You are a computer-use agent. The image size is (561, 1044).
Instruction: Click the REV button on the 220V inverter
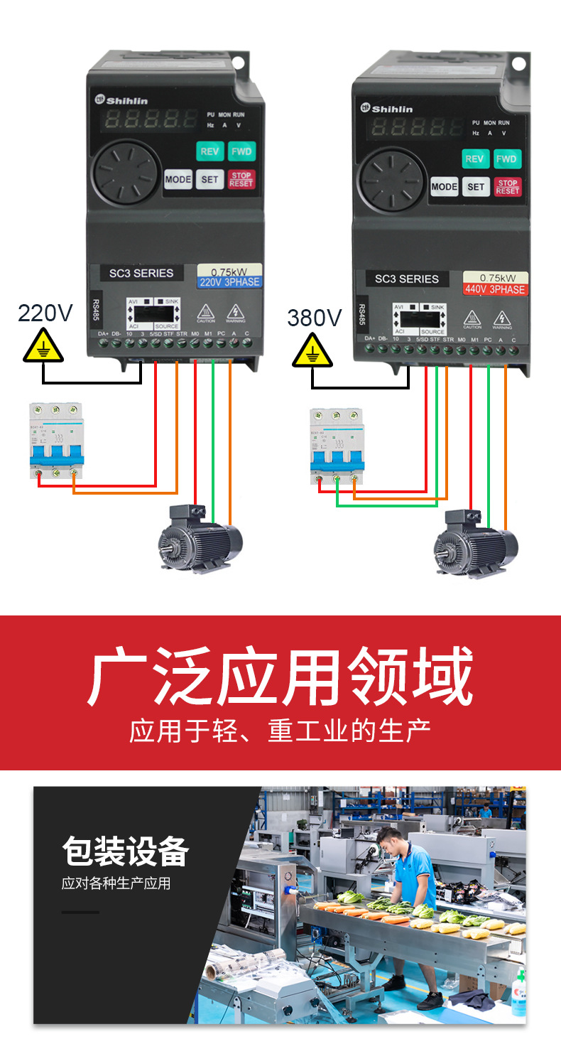point(209,151)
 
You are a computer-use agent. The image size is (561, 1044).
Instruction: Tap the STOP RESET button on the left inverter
point(241,179)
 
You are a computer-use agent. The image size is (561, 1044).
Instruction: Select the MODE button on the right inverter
point(445,187)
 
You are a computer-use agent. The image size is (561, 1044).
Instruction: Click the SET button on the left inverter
point(209,179)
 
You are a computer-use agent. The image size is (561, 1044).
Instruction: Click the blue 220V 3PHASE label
point(229,282)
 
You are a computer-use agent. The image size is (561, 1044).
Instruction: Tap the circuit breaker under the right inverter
point(337,446)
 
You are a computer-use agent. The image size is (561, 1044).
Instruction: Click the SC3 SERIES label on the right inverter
point(407,279)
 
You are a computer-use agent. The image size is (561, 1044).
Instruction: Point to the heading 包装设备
point(125,851)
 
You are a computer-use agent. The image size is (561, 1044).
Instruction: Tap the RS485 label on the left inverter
point(96,309)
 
